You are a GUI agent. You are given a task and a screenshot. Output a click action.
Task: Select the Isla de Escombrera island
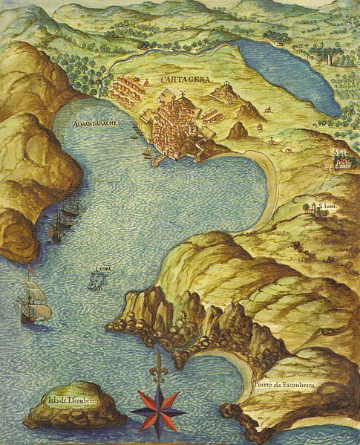pos(73,408)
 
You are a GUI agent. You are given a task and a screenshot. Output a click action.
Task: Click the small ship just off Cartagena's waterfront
pos(147,154)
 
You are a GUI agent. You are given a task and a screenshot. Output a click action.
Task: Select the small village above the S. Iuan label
pos(318,210)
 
